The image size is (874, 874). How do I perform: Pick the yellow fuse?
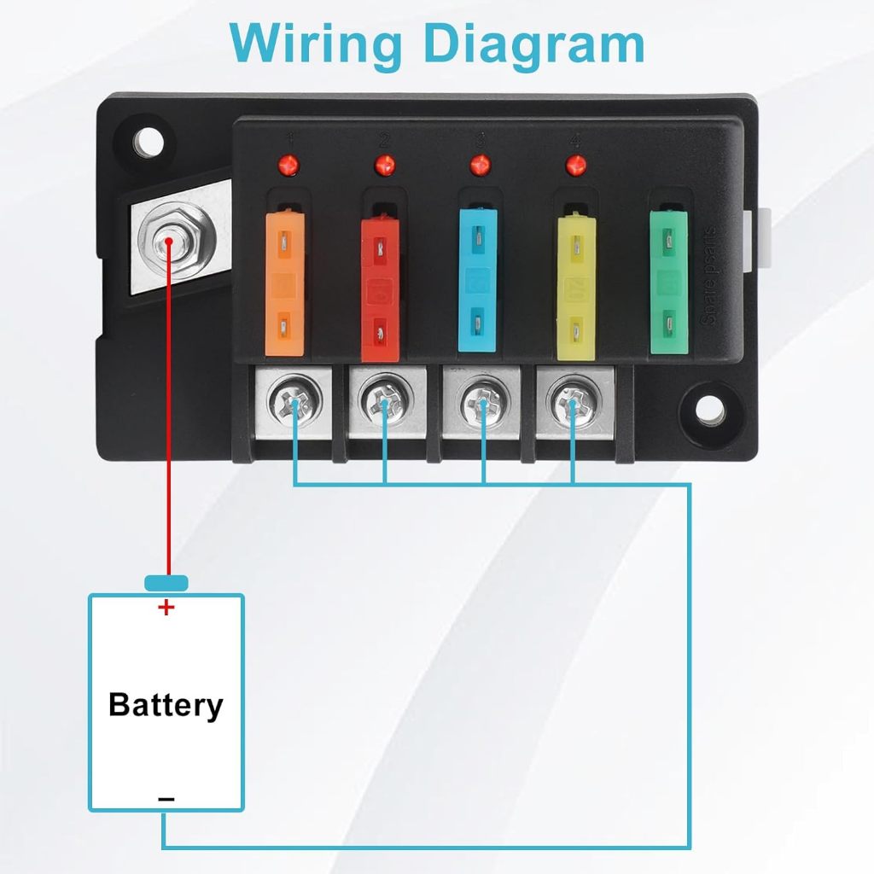point(575,286)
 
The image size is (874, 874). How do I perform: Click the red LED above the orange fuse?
point(289,163)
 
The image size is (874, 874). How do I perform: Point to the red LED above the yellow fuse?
point(577,163)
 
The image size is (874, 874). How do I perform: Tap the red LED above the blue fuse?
point(481,163)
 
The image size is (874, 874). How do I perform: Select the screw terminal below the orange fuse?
point(294,400)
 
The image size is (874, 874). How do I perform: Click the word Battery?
point(166,705)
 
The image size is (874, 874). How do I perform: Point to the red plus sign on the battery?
point(166,608)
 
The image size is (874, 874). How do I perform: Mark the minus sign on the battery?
point(166,799)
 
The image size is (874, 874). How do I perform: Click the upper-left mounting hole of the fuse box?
point(149,142)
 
